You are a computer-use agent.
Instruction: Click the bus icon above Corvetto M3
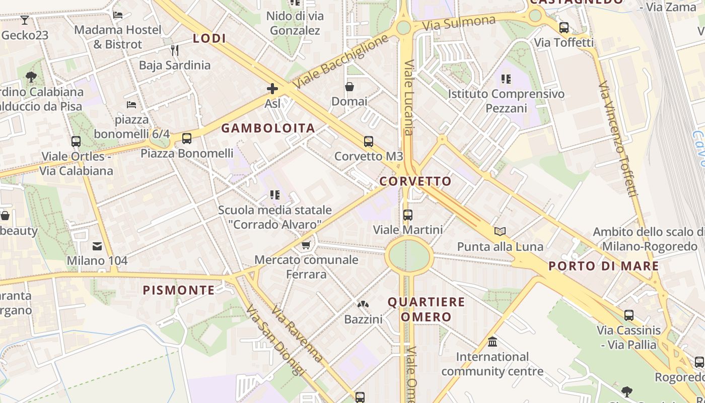(369, 142)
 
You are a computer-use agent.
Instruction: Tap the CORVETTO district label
(415, 181)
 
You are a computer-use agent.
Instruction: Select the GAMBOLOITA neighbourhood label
(268, 128)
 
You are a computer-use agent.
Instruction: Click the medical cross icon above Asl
(272, 89)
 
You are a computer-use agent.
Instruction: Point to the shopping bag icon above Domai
(349, 87)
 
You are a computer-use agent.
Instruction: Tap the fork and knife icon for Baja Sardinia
(175, 50)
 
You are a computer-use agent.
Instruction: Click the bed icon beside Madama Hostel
(118, 15)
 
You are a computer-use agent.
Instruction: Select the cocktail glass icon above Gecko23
(24, 20)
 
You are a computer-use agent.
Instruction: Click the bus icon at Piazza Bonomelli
(187, 139)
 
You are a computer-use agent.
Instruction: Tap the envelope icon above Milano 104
(97, 246)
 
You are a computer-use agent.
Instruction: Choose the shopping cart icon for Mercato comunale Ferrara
(306, 245)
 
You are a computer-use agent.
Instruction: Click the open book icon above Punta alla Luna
(500, 231)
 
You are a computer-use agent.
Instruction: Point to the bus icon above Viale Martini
(408, 215)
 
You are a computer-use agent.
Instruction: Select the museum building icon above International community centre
(492, 342)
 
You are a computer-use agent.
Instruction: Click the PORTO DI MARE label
(603, 266)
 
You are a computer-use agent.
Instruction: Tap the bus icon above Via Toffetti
(564, 28)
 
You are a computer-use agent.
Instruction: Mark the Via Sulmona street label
(459, 23)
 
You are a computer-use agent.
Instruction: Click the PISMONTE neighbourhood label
(179, 290)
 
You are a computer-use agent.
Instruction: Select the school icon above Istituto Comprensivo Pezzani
(506, 79)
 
